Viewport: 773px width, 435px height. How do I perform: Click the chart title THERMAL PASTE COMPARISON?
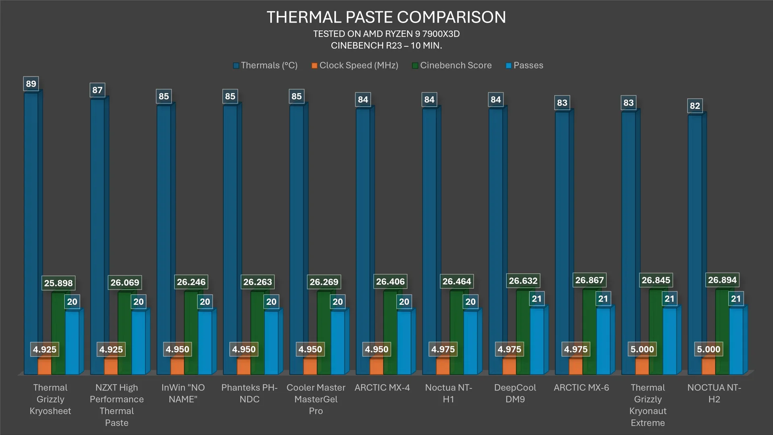386,17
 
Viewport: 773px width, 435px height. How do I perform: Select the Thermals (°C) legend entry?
265,65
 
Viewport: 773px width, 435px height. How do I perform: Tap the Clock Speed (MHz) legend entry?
355,65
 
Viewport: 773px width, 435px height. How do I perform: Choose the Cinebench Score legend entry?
452,65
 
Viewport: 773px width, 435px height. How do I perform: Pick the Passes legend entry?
524,65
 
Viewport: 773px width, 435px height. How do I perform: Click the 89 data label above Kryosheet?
31,84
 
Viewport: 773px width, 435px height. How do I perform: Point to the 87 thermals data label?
97,90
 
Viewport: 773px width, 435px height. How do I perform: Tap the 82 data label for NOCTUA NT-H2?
695,106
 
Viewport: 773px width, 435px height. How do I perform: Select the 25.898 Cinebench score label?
58,283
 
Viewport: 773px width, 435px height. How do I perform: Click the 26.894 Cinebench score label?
722,280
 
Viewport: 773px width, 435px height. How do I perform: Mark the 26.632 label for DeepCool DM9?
523,281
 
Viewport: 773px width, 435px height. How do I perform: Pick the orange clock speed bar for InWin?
177,366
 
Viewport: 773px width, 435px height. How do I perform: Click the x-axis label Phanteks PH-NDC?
249,393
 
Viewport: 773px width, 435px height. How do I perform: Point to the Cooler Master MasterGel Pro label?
316,399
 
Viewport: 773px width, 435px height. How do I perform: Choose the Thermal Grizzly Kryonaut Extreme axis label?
648,405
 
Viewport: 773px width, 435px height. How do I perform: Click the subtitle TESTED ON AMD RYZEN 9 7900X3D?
386,34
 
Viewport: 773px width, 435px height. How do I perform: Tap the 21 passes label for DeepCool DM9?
537,299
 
